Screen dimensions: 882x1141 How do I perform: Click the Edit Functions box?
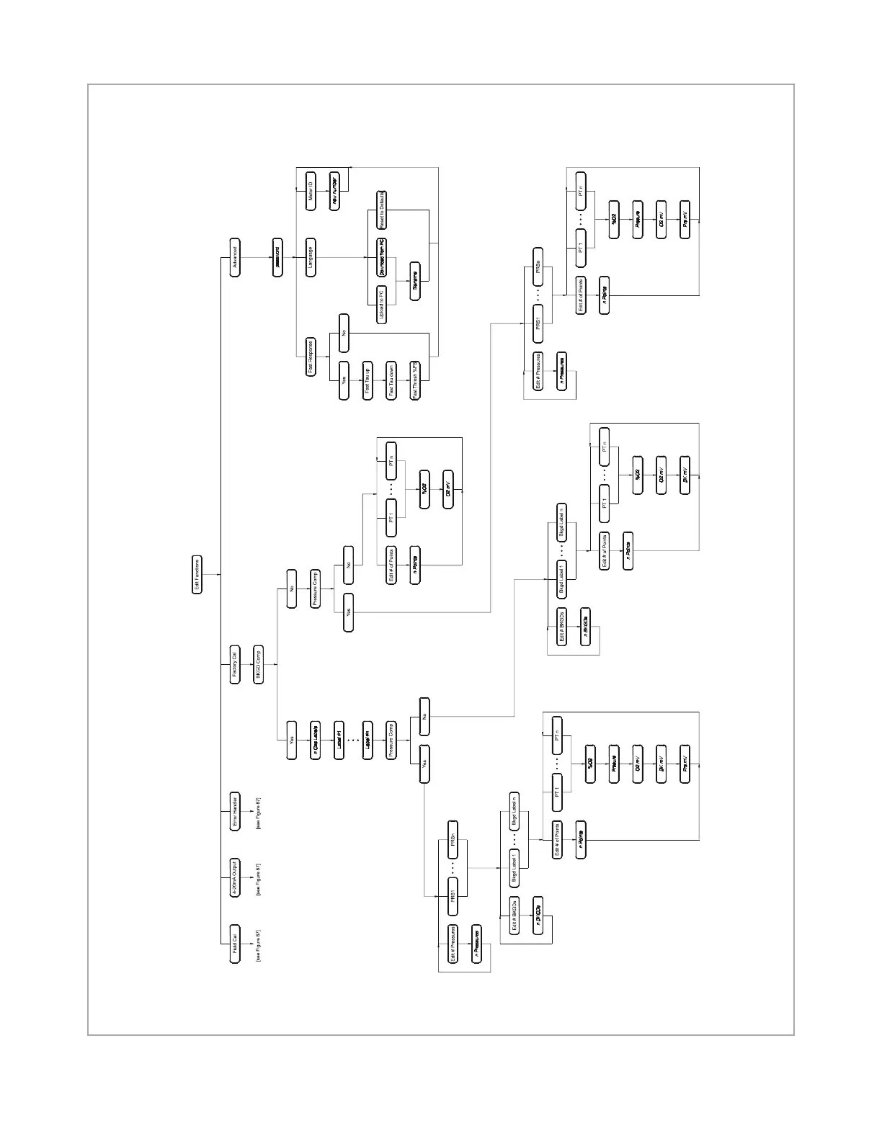click(197, 574)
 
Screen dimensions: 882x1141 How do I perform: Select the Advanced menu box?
click(235, 257)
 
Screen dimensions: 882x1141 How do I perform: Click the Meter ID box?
click(311, 192)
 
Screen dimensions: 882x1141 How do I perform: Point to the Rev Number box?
click(334, 192)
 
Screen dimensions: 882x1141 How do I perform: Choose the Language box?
click(311, 257)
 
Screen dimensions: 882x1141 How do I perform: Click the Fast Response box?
click(311, 357)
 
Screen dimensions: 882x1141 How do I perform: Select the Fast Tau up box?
click(367, 380)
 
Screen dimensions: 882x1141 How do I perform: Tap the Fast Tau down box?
click(391, 380)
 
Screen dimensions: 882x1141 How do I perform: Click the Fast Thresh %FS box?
click(415, 380)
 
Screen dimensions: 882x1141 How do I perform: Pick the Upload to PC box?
click(381, 305)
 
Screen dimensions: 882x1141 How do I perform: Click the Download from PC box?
click(381, 257)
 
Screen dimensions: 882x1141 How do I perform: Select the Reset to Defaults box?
click(381, 210)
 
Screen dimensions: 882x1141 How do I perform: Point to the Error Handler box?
click(235, 813)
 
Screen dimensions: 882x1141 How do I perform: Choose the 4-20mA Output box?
click(235, 878)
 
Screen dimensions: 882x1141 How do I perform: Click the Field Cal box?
click(235, 944)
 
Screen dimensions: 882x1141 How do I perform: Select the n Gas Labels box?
click(315, 740)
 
